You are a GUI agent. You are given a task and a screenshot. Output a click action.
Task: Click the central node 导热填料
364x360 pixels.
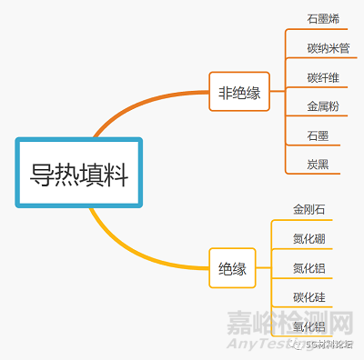[x=80, y=173]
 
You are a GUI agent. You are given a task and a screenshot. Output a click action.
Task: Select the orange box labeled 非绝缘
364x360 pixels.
[x=239, y=92]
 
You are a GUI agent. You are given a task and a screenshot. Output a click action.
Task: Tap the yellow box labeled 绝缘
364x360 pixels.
[x=233, y=268]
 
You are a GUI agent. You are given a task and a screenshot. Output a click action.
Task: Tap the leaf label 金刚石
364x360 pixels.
[x=308, y=210]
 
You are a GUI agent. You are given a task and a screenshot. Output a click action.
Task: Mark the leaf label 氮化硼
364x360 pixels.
[x=308, y=239]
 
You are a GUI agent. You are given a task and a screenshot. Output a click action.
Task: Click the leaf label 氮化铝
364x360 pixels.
[x=308, y=268]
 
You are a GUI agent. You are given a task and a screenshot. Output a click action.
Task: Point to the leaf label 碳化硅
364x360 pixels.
[x=308, y=297]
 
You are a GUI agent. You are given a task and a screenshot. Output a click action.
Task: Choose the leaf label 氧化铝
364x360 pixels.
[x=308, y=326]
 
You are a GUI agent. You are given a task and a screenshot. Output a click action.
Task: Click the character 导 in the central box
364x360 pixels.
[x=42, y=173]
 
